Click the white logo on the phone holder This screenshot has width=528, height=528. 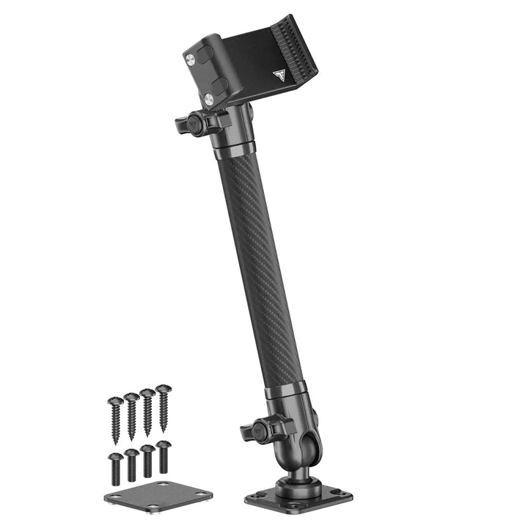(x=279, y=75)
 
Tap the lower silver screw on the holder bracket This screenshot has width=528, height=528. (x=209, y=99)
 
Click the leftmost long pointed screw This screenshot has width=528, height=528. (x=115, y=419)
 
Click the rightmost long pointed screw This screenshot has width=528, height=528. (x=163, y=407)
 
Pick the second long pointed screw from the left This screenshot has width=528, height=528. (x=131, y=415)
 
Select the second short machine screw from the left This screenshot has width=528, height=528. (x=131, y=464)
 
